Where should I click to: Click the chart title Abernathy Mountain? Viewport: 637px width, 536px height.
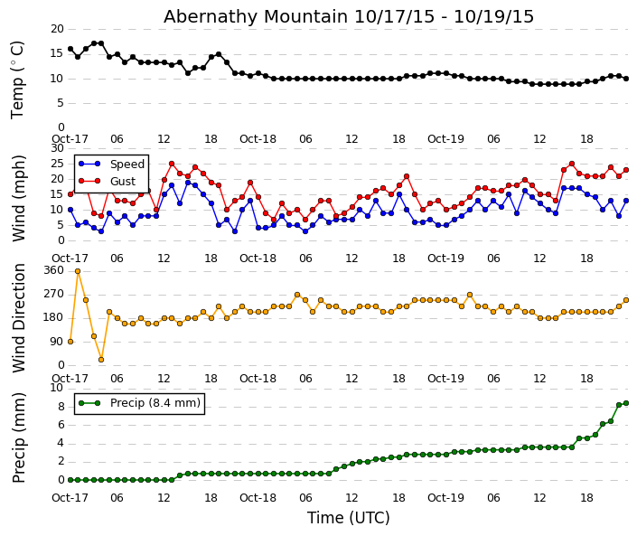point(349,16)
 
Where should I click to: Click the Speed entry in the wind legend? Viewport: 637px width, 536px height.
point(126,165)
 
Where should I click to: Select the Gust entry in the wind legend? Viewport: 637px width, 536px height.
point(123,182)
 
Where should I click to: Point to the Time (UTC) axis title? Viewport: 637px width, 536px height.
point(348,518)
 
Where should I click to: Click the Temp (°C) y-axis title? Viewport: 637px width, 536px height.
point(18,79)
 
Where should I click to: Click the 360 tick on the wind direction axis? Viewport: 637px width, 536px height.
point(53,270)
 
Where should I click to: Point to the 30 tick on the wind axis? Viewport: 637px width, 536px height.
point(57,148)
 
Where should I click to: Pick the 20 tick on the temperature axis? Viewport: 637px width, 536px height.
point(57,29)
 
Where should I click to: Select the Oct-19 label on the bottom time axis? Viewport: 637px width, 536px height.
point(445,498)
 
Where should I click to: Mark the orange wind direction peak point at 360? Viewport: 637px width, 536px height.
point(78,270)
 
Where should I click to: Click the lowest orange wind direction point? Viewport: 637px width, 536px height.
point(101,360)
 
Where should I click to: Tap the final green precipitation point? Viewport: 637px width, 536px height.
point(625,403)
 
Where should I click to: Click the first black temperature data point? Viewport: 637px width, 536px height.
point(70,49)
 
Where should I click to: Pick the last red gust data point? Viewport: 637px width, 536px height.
point(625,170)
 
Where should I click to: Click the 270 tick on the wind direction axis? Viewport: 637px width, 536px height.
point(53,294)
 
